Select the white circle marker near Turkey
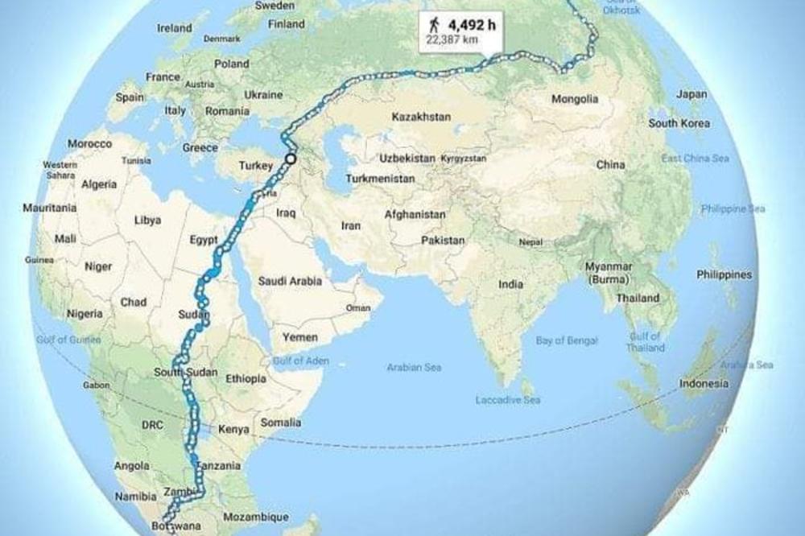coord(290,159)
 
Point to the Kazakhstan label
coord(420,117)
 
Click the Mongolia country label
coord(574,100)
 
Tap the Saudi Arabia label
coord(289,281)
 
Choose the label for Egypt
coord(203,240)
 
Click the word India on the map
coord(510,284)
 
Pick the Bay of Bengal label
coord(567,340)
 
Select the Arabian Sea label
coord(414,367)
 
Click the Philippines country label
coord(724,274)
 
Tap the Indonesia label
coord(703,384)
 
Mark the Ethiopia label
coord(246,378)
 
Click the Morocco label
coord(89,143)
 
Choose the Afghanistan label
coord(415,215)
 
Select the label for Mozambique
coord(256,516)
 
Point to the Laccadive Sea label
coord(508,400)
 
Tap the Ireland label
coord(175,27)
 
